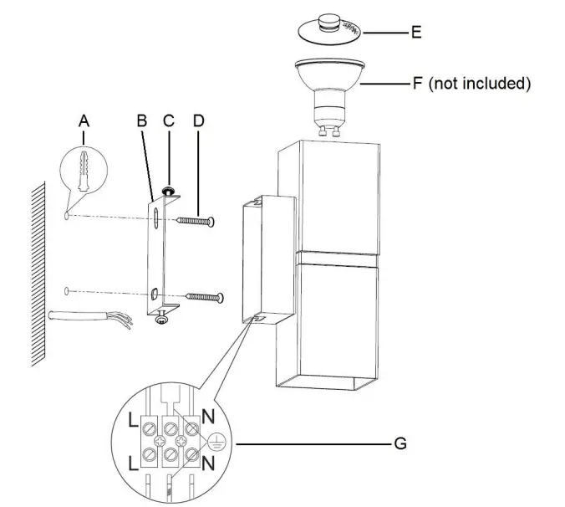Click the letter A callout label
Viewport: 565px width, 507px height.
click(83, 121)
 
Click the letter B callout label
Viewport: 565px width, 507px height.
click(141, 120)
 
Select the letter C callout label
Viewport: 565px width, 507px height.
click(168, 120)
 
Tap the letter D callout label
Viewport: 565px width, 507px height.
click(197, 120)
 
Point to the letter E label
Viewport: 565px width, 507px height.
click(415, 33)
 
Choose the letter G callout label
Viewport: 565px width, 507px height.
click(400, 443)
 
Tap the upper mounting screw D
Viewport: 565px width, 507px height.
click(196, 220)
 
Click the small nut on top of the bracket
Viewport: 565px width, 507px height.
click(168, 193)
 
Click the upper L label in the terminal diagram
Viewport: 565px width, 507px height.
click(134, 422)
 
